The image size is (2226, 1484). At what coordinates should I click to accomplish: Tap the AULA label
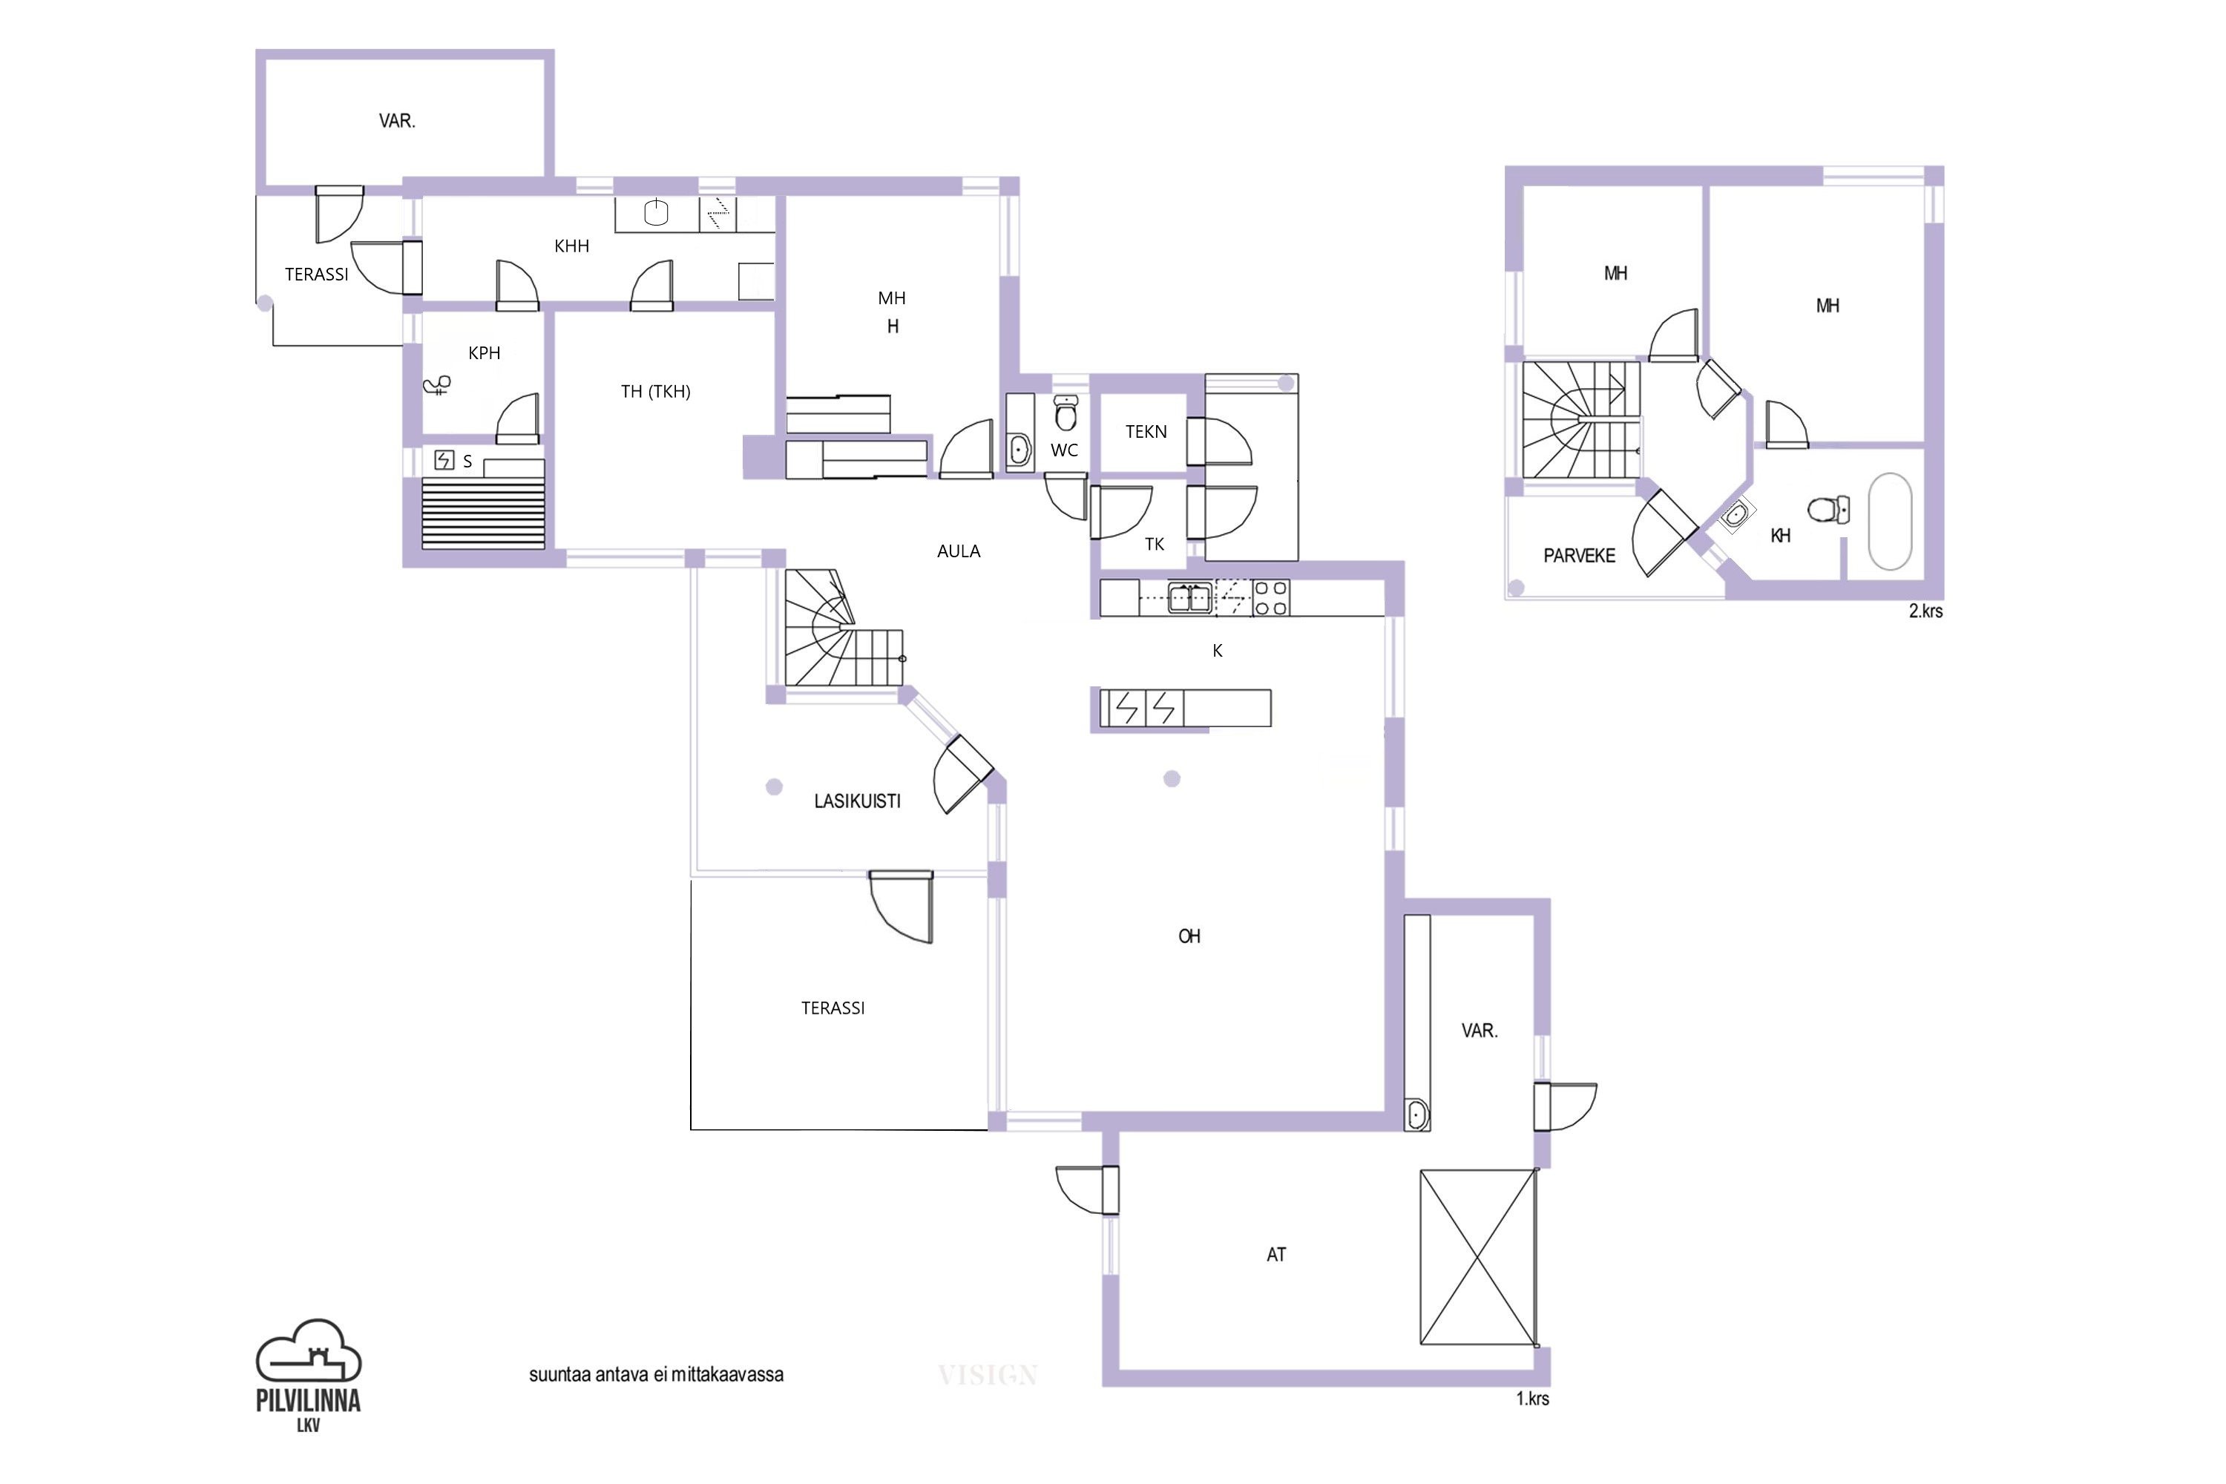pyautogui.click(x=958, y=551)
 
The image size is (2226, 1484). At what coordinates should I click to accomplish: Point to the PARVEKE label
pyautogui.click(x=1579, y=556)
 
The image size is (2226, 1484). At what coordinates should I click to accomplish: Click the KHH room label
pyautogui.click(x=571, y=246)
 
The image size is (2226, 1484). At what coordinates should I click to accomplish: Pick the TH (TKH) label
pyautogui.click(x=655, y=391)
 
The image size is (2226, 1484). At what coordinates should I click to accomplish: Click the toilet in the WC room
pyautogui.click(x=1066, y=413)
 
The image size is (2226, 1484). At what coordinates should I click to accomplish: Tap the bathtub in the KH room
pyautogui.click(x=1890, y=522)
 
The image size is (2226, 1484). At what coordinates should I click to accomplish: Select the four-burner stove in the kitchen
pyautogui.click(x=1270, y=598)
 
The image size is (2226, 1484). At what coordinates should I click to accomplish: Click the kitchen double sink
pyautogui.click(x=1189, y=598)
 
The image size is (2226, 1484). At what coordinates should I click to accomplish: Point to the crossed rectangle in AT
pyautogui.click(x=1477, y=1257)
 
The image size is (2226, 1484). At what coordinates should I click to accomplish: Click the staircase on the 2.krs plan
pyautogui.click(x=1580, y=419)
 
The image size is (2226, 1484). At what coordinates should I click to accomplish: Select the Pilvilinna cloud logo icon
pyautogui.click(x=309, y=1350)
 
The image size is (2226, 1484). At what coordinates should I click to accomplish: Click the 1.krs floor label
pyautogui.click(x=1532, y=1399)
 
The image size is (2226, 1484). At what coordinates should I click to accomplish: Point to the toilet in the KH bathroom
pyautogui.click(x=1828, y=510)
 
